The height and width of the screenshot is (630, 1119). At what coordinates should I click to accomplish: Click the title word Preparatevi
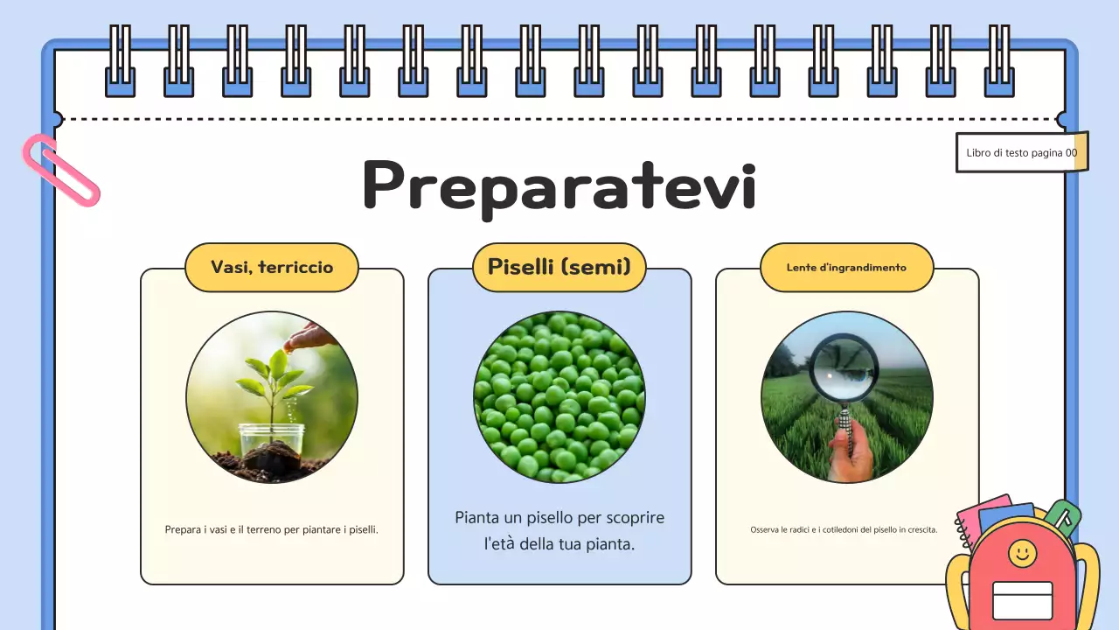click(x=559, y=185)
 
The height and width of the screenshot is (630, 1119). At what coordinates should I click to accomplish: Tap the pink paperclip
click(x=61, y=171)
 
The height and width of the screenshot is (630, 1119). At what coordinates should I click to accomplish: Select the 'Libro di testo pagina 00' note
click(x=1021, y=152)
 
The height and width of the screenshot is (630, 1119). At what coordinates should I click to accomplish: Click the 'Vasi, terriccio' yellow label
click(x=272, y=267)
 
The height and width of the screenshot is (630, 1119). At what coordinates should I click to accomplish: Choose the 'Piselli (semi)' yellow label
click(x=559, y=267)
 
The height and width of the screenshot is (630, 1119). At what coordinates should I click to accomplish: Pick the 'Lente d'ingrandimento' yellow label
click(x=846, y=267)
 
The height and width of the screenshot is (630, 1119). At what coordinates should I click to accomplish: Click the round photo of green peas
click(x=559, y=397)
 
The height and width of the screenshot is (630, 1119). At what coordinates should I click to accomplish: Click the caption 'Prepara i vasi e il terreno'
click(x=272, y=529)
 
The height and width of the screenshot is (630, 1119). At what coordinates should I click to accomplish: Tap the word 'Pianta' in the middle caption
click(x=478, y=517)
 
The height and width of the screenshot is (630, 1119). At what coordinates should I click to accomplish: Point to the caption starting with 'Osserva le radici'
click(x=844, y=529)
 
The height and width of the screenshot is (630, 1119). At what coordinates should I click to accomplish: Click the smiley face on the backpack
click(x=1022, y=552)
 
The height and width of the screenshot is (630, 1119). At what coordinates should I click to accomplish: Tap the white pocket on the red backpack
click(x=1023, y=600)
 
